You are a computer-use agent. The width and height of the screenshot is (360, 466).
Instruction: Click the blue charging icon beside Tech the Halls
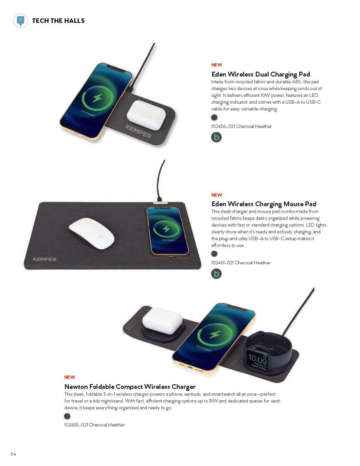(21, 21)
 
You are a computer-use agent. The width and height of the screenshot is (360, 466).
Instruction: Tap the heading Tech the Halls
(58, 21)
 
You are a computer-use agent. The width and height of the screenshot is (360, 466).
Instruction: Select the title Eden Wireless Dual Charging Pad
(261, 74)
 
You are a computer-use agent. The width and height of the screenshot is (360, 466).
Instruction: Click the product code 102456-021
(223, 126)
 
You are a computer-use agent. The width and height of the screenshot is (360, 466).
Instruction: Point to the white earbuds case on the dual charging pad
(147, 115)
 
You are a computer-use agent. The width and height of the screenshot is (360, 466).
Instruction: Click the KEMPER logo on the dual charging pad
(138, 131)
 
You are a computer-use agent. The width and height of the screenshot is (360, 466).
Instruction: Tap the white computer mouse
(91, 234)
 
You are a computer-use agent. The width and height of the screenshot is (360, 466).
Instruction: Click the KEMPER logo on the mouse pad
(44, 259)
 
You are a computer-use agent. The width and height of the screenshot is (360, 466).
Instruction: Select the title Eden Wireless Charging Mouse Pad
(264, 204)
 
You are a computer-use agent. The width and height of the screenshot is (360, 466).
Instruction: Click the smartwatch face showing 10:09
(257, 360)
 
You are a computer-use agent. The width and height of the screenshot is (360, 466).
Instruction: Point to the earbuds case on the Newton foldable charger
(162, 321)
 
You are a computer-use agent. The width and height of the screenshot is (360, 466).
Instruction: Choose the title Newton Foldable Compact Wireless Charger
(130, 387)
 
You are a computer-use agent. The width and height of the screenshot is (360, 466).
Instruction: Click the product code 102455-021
(76, 425)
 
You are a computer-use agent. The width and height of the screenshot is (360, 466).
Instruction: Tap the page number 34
(13, 454)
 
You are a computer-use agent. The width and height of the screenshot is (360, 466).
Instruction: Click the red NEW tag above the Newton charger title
(69, 377)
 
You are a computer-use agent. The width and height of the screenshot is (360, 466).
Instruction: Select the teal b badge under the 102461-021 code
(216, 274)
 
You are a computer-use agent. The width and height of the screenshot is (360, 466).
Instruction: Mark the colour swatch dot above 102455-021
(67, 416)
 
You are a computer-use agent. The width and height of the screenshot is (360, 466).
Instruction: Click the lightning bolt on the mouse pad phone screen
(166, 229)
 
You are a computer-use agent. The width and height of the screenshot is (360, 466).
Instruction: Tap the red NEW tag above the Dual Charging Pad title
(217, 65)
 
